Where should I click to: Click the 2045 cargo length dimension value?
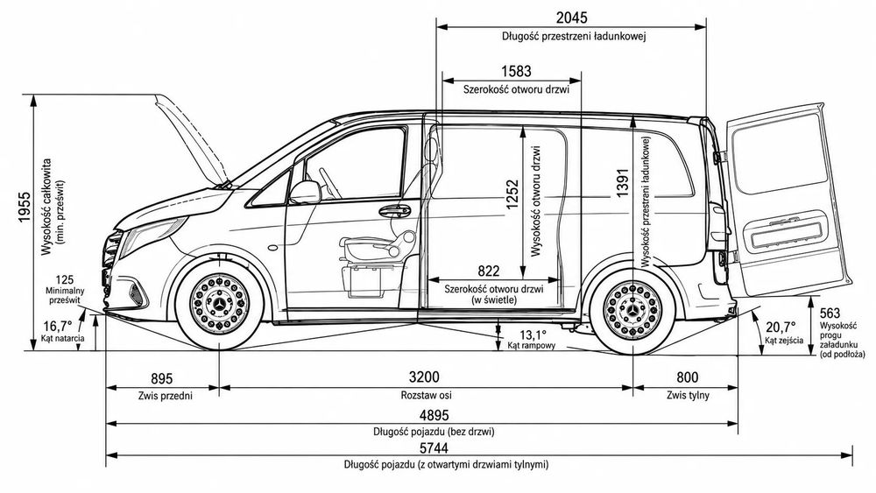coord(571,18)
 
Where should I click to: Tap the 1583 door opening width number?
coord(516,72)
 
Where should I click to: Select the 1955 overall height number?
coord(24,208)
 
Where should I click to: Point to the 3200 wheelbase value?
coord(424,377)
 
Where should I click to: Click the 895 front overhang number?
coord(162,379)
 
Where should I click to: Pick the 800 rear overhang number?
coord(687,378)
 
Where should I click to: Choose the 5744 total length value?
coord(434,448)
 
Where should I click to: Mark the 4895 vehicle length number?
coord(434,415)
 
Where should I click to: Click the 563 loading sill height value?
coord(830,313)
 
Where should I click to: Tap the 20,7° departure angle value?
coord(781,327)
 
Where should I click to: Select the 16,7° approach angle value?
coord(58,326)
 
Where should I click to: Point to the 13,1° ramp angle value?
coord(533,335)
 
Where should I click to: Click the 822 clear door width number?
coord(488,271)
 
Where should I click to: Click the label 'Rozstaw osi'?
coord(427,395)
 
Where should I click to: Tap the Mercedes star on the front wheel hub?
coord(220,304)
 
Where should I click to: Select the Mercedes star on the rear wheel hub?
coord(632,310)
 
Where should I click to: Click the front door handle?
coord(394,211)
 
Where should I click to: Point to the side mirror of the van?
coord(305,192)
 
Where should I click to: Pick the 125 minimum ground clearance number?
coord(65,280)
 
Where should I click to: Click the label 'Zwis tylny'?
coord(688,395)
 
